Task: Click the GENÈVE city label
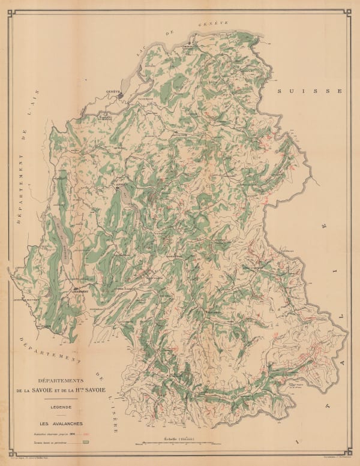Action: point(114,91)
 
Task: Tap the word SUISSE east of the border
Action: point(307,91)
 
